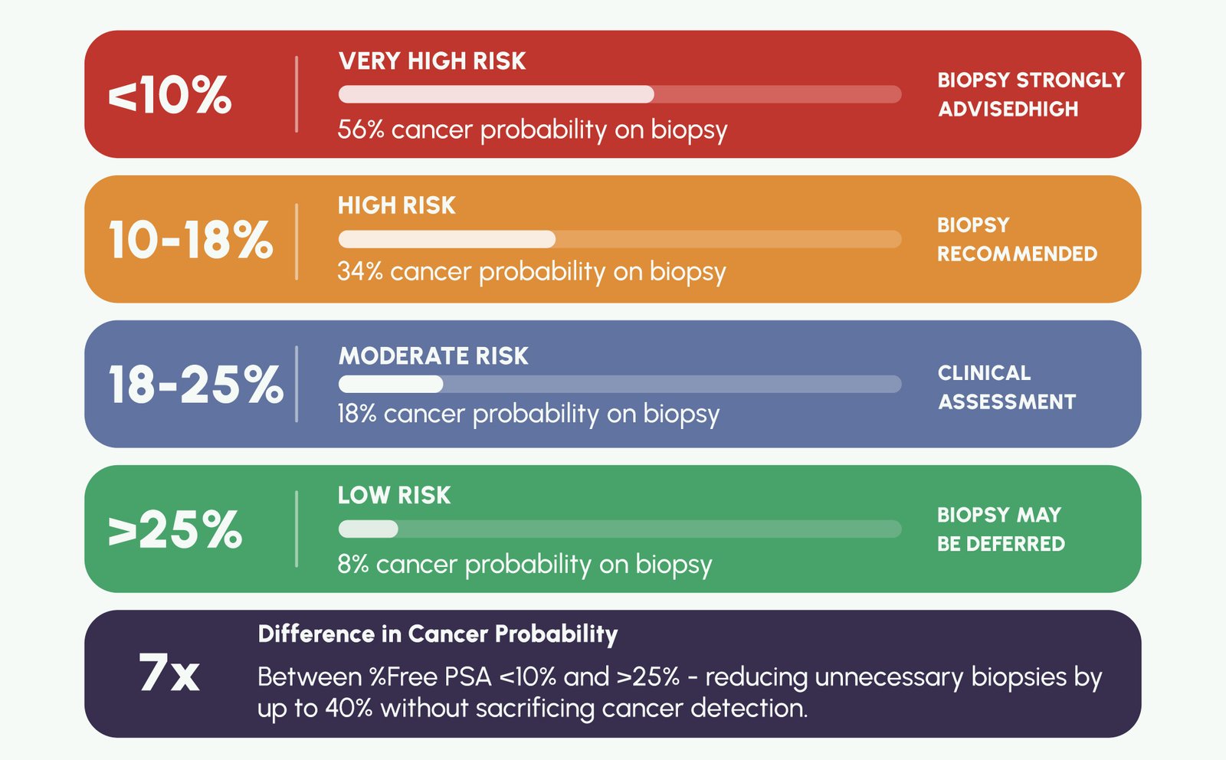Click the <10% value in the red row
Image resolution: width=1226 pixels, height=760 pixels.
[169, 95]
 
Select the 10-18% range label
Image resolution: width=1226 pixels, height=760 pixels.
[190, 240]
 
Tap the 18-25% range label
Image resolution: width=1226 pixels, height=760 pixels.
[195, 384]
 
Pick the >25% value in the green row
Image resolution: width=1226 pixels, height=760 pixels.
[175, 529]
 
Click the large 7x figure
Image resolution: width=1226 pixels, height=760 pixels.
[169, 673]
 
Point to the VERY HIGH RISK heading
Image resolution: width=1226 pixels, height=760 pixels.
[432, 61]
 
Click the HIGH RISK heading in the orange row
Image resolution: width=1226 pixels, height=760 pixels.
[396, 205]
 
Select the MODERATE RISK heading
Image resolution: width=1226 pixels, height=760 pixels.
[433, 356]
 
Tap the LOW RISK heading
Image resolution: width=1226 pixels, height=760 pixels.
[394, 496]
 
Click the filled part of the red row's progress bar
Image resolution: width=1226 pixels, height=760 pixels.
[496, 94]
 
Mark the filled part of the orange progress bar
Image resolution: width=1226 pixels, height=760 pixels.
[447, 239]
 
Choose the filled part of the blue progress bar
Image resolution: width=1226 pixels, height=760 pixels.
[391, 384]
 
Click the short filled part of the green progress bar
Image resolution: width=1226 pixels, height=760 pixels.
[369, 529]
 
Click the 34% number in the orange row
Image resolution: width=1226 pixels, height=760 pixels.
[359, 271]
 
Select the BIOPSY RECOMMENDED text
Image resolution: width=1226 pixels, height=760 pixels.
[1016, 239]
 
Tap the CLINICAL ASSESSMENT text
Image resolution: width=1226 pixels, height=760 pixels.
[1006, 387]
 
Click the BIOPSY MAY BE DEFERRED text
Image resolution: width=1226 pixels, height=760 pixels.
[1000, 529]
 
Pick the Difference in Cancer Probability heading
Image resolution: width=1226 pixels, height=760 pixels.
[438, 634]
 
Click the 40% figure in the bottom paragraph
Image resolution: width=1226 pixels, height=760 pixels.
[349, 708]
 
